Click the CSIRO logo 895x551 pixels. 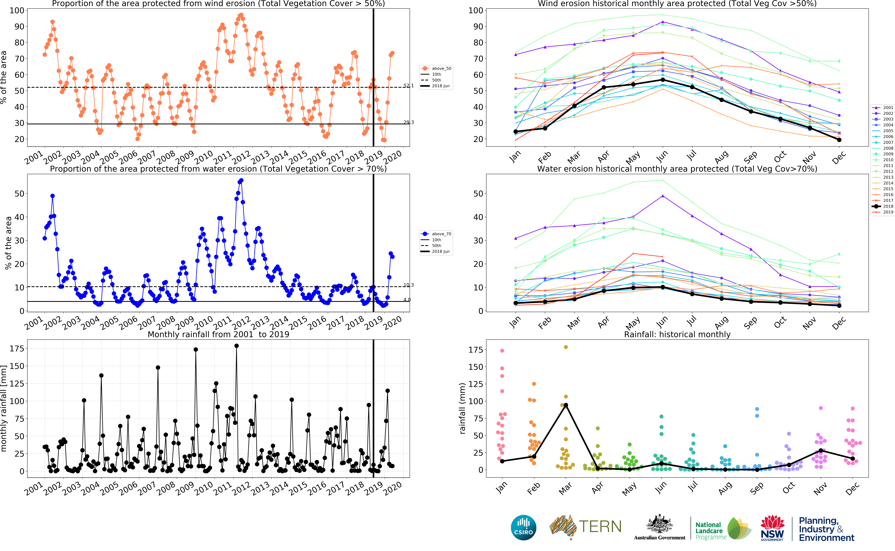(x=524, y=527)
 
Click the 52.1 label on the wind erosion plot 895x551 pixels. (x=408, y=86)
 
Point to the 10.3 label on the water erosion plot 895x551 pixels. (x=408, y=285)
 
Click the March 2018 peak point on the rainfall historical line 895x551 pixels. (x=566, y=405)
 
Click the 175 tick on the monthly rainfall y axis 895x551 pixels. (x=17, y=349)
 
